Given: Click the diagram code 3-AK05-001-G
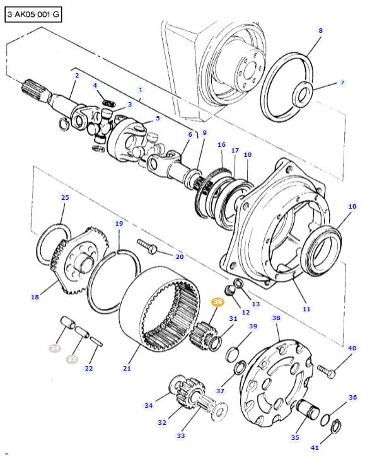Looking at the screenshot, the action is [x=33, y=14].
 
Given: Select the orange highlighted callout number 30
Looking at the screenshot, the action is [x=218, y=302].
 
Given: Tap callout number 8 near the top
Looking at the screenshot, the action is [x=320, y=30].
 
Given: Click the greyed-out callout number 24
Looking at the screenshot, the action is [x=55, y=348].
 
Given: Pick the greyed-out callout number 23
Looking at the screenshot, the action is [x=72, y=359].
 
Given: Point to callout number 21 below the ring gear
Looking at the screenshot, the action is [x=127, y=369].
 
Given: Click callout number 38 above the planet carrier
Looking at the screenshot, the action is [x=276, y=318].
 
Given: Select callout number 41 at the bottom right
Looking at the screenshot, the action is [x=315, y=447].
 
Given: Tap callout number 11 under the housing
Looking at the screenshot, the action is [x=306, y=309].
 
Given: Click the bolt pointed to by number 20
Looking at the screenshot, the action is [x=147, y=246].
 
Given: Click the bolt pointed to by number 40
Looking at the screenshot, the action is [x=327, y=371].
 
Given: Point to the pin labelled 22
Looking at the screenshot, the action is [x=96, y=342].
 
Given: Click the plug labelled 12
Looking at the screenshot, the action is [x=229, y=291].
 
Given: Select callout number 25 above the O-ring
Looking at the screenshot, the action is [x=65, y=197].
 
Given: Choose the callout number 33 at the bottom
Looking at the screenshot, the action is [x=180, y=435].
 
